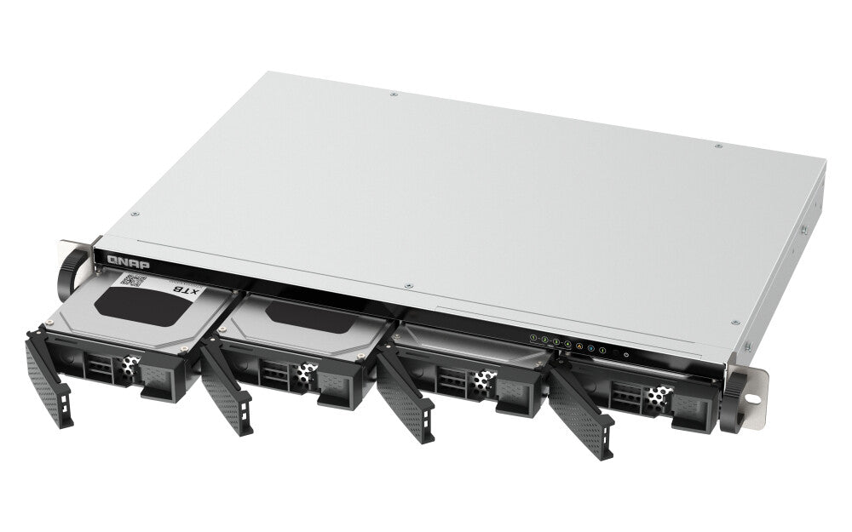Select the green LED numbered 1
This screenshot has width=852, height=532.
coord(534,338)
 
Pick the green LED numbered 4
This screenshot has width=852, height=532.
coord(567,344)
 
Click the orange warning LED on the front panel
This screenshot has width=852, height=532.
coord(579,346)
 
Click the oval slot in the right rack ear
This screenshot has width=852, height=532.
coord(753,396)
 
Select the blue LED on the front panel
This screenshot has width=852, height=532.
coord(590,347)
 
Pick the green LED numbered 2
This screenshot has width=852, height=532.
coord(545,340)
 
